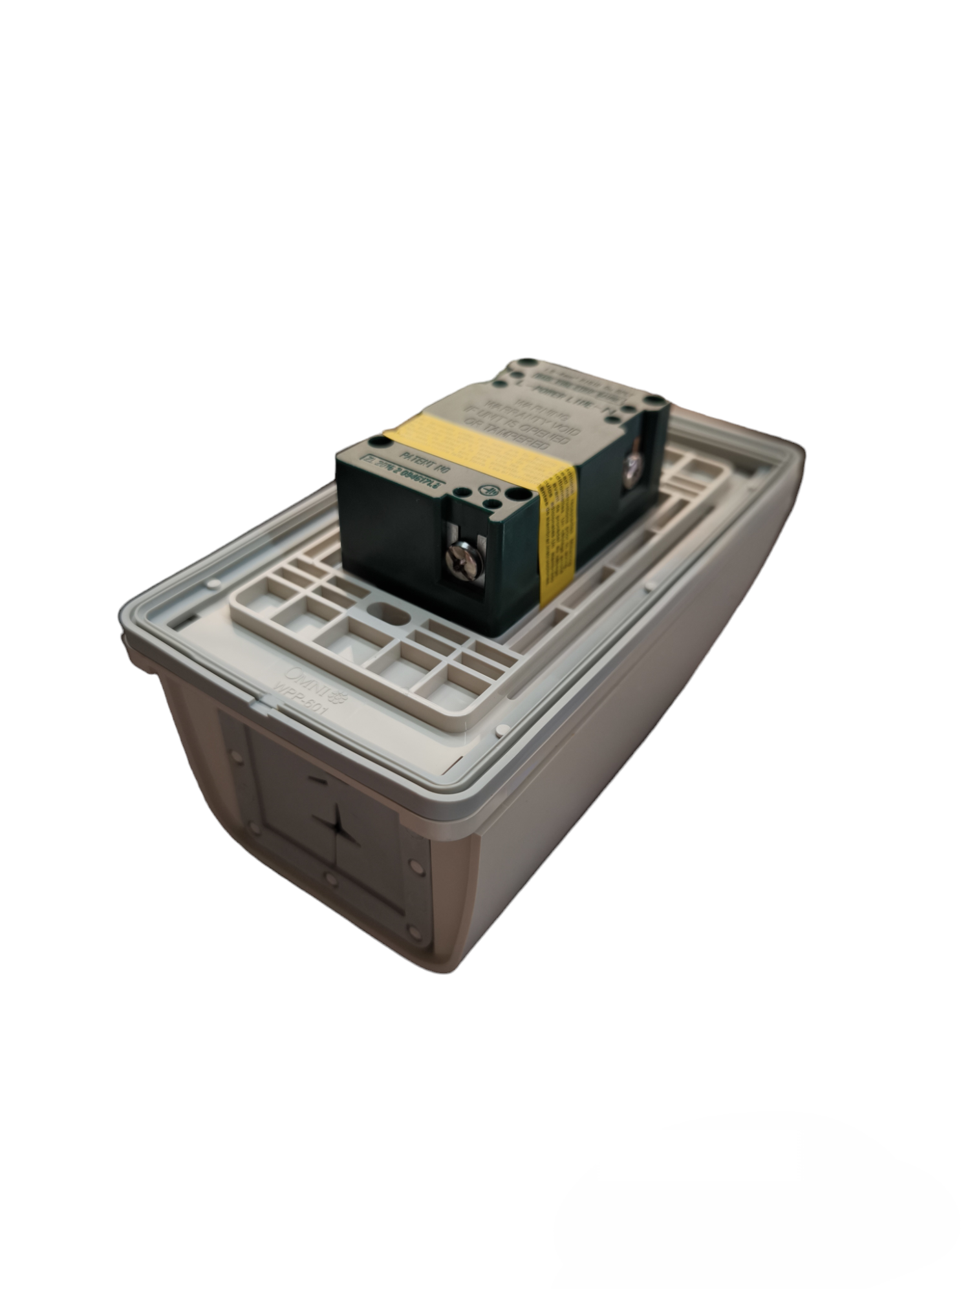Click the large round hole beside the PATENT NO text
376,441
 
